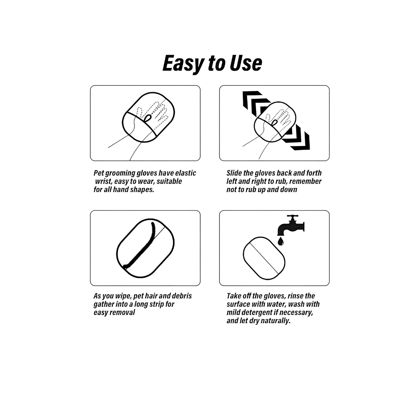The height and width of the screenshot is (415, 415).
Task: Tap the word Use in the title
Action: pyautogui.click(x=246, y=63)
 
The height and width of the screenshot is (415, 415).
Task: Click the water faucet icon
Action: pyautogui.click(x=290, y=225)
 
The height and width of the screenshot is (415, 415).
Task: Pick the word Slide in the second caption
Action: pyautogui.click(x=234, y=173)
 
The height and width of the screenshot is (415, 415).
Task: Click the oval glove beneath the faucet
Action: pyautogui.click(x=264, y=258)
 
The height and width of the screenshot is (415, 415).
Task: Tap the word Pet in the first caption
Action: pyautogui.click(x=99, y=173)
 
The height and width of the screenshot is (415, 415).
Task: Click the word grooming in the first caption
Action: pyautogui.click(x=120, y=173)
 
